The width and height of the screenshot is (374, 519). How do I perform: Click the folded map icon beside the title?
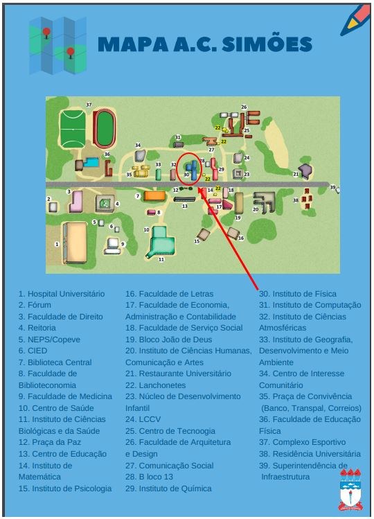(57, 46)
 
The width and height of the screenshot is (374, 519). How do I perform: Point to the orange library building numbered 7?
(153, 196)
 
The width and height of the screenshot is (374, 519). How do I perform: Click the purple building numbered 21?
(305, 170)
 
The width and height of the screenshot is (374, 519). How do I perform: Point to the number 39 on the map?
(332, 188)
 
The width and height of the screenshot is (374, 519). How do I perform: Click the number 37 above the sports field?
(89, 105)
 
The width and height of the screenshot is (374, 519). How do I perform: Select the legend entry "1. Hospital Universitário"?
(62, 294)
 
